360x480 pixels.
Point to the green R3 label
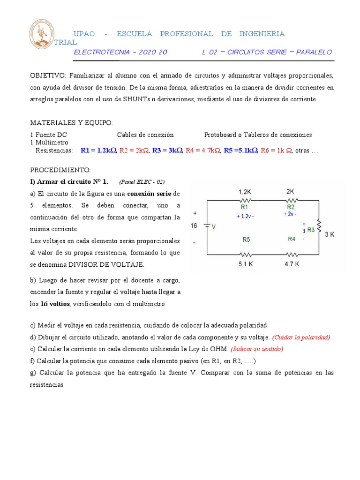311,230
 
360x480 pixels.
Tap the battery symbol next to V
206,226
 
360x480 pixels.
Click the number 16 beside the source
194,226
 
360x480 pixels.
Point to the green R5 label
247,240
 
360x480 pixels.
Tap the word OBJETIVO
48,75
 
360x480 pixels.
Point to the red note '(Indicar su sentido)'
257,349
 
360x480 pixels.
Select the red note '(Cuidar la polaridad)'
301,337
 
